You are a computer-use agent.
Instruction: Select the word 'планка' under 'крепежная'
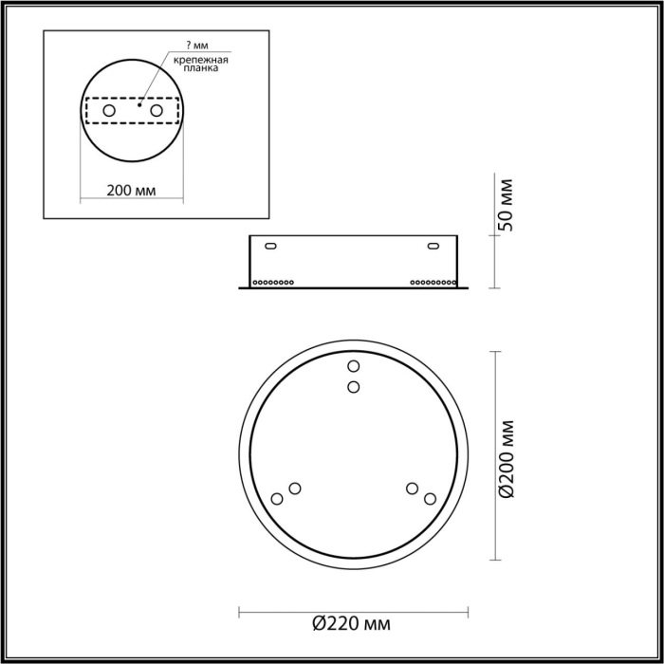tap(203, 68)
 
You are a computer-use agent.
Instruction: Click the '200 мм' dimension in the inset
tap(132, 190)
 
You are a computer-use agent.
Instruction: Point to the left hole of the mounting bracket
tap(109, 112)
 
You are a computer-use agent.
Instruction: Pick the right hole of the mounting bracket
tap(156, 112)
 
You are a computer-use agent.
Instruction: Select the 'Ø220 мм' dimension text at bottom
tap(351, 624)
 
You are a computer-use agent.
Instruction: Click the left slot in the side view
tap(271, 246)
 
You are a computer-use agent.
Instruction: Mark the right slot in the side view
tap(433, 246)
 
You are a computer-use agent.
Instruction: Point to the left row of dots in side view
tap(273, 282)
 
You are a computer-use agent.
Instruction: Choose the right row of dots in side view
tap(431, 282)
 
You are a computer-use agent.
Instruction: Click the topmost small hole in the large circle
tap(353, 366)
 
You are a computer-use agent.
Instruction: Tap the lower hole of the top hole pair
tap(353, 386)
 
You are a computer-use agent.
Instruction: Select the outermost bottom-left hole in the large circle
tap(277, 499)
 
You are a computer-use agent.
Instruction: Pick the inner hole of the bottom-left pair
tap(295, 489)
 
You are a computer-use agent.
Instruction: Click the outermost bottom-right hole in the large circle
tap(430, 499)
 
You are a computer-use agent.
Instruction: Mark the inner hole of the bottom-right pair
tap(412, 489)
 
